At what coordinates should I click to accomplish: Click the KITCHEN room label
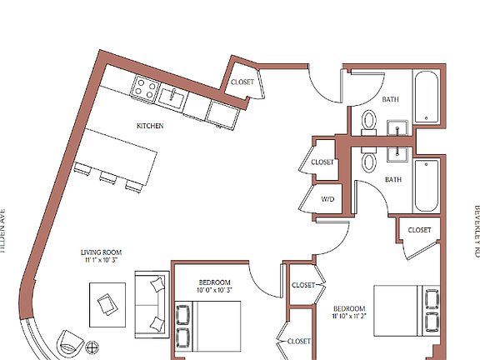coord(150,126)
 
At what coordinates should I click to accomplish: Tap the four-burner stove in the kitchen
coord(147,87)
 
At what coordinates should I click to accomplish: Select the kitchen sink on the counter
coord(173,98)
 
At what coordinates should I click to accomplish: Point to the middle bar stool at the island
coord(107,177)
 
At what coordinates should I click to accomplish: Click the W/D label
coord(327,198)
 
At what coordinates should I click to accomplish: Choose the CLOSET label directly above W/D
coord(322,162)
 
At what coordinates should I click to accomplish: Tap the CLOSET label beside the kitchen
coord(242,82)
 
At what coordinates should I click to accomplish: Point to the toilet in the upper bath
coord(369,122)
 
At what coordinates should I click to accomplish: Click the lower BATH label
coord(393,179)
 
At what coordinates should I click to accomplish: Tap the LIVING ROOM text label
coord(102,252)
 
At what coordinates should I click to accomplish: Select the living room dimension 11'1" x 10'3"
coord(102,261)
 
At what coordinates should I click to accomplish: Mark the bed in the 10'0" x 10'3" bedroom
coord(208,329)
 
